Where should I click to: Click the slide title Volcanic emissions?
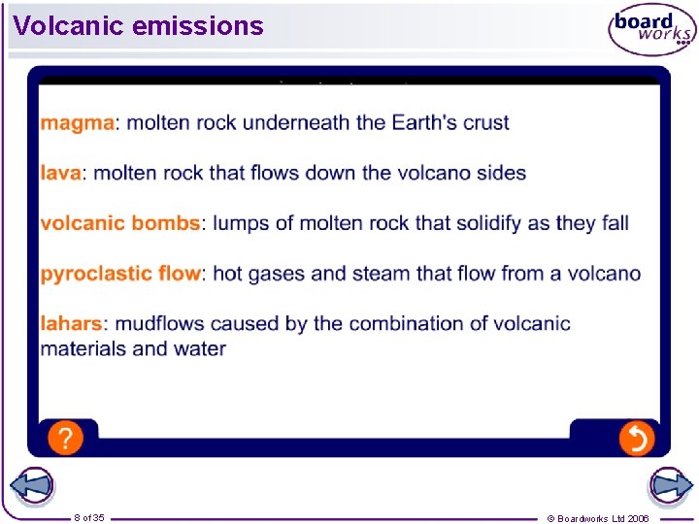(139, 26)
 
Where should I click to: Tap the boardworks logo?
(651, 30)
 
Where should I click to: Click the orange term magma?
(78, 123)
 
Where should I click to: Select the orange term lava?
(61, 174)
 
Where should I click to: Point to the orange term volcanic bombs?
(119, 223)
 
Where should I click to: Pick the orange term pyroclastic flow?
(119, 274)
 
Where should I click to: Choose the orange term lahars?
(71, 323)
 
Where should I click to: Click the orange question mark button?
(64, 439)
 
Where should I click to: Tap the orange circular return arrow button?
(636, 439)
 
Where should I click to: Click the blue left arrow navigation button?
(31, 485)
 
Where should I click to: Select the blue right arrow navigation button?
(669, 485)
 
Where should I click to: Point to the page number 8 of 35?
(89, 517)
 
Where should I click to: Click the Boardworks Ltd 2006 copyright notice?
(598, 518)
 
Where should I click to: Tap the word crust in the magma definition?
(485, 123)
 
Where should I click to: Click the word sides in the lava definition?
(502, 174)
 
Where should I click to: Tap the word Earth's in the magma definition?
(424, 123)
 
